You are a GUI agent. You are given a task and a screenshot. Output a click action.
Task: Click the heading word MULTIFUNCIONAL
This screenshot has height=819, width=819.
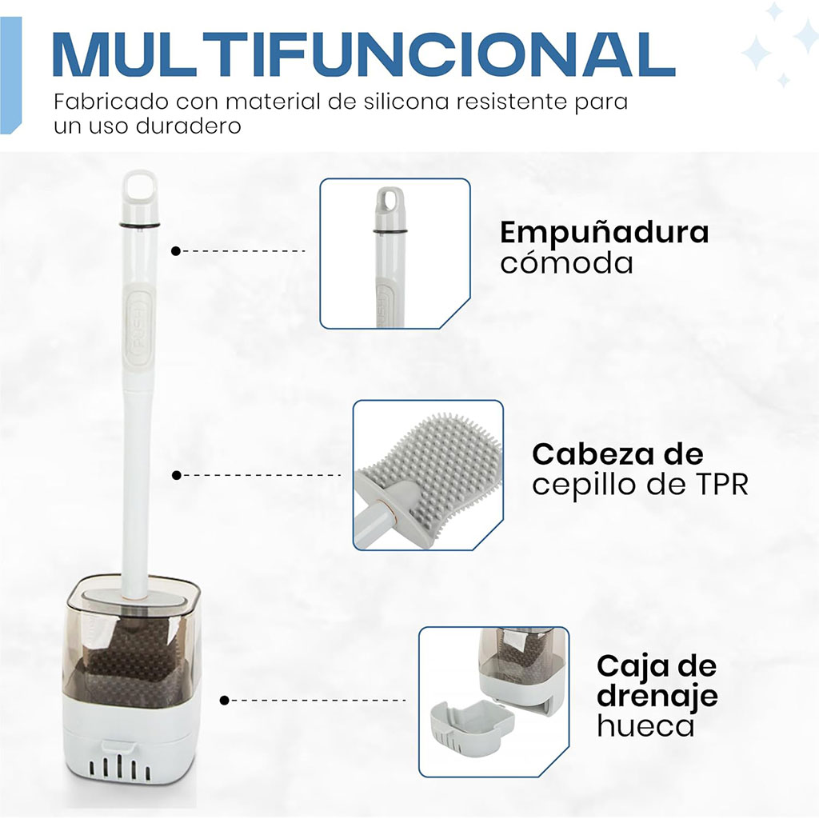pos(364,54)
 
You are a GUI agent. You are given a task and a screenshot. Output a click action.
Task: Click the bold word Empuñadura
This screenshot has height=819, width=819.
pos(605,234)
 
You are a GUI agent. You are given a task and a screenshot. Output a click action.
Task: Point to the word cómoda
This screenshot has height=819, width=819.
pos(567,262)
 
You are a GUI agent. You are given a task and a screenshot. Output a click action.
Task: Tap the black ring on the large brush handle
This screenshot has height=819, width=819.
pos(138,226)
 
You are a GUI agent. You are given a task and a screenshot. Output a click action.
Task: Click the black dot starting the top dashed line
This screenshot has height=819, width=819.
pos(176,251)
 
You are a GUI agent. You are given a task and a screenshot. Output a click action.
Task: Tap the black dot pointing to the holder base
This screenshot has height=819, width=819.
pos(225,700)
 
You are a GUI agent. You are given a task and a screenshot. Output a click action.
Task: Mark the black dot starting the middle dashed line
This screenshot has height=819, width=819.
pos(177,475)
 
